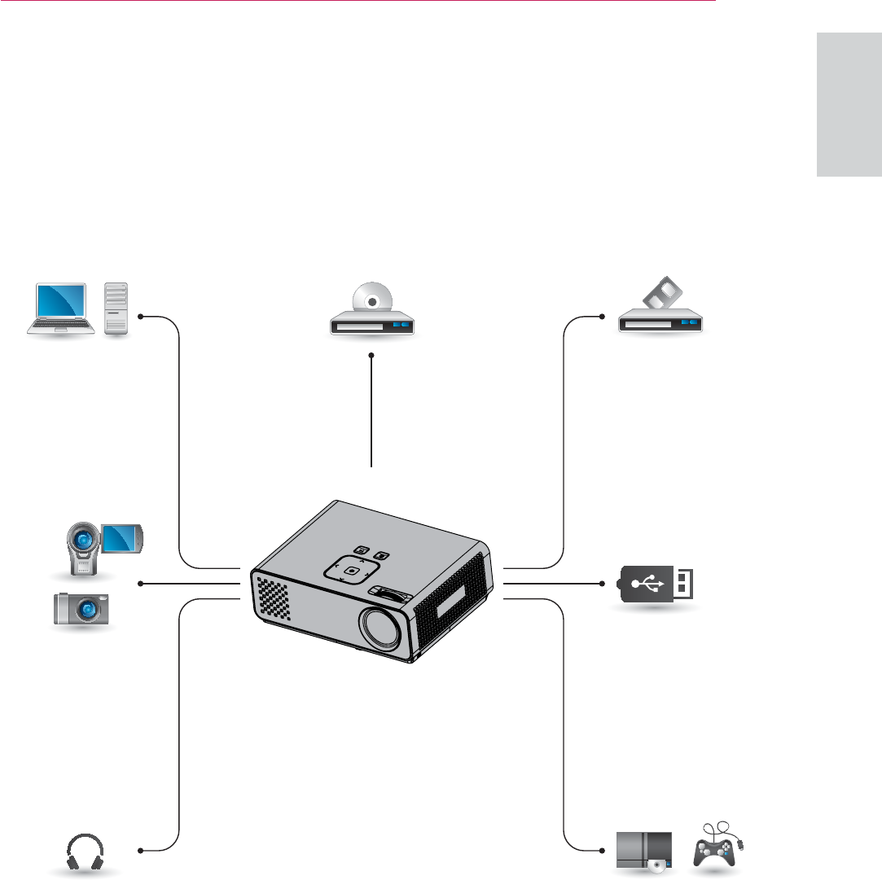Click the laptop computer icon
pos(59,309)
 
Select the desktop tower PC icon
pos(117,309)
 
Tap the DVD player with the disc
pos(372,313)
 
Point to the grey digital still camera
pos(83,609)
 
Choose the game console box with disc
pos(644,851)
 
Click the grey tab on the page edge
pos(849,105)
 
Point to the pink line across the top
pos(358,2)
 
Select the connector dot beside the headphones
pos(141,851)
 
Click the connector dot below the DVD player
pos(371,356)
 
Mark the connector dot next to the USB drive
pos(601,583)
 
